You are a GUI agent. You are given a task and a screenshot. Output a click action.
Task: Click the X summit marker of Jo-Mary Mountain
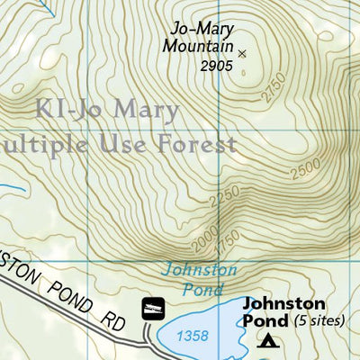(241, 53)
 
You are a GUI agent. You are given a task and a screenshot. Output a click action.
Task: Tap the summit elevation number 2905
(216, 66)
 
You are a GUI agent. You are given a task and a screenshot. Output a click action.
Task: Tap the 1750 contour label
(221, 240)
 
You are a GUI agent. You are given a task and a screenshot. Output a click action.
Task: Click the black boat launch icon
(153, 309)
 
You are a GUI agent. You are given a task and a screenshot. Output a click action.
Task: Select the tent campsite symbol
(267, 340)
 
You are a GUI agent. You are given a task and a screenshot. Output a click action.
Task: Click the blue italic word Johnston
(200, 269)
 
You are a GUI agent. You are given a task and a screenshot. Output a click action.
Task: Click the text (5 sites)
(319, 321)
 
